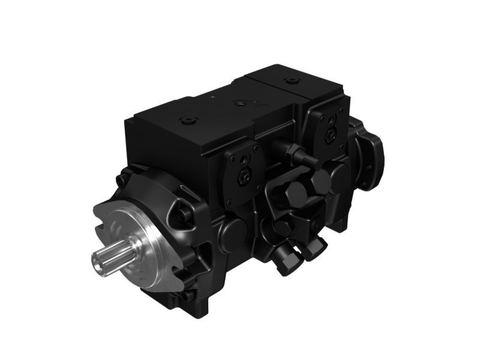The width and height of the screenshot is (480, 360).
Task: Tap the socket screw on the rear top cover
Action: coord(292,80)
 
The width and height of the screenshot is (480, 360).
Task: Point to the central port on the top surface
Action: coord(241,103)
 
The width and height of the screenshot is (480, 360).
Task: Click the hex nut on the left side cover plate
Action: coord(244,175)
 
